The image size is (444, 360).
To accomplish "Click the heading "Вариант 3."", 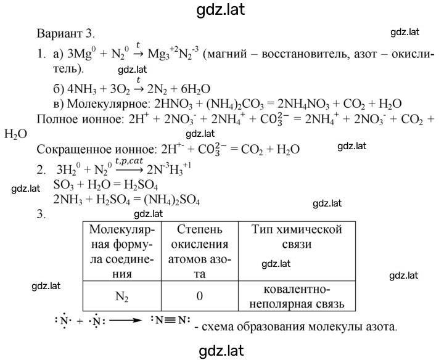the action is pos(66,33).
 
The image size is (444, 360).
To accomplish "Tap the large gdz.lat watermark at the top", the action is pos(220,10).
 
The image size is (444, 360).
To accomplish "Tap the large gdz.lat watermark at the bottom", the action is pos(221,351).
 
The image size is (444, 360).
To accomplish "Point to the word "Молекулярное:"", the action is pos(108,104).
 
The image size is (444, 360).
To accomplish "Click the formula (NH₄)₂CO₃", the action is pos(235,104).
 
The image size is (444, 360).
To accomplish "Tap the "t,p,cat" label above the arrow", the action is pos(129,161).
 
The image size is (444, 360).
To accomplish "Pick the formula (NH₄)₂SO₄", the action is pos(172,200).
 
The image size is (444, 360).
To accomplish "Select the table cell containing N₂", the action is pos(122,296).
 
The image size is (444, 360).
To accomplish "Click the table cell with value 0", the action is pos(200,296).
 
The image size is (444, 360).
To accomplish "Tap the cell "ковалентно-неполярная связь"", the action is pos(297,297).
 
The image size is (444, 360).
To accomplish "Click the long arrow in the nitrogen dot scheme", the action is pos(125,321).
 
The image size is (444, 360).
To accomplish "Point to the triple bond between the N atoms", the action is pos(171,320).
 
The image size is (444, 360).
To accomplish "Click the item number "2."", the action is pos(41,170).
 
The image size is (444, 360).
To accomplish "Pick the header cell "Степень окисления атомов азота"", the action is pos(200,252).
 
